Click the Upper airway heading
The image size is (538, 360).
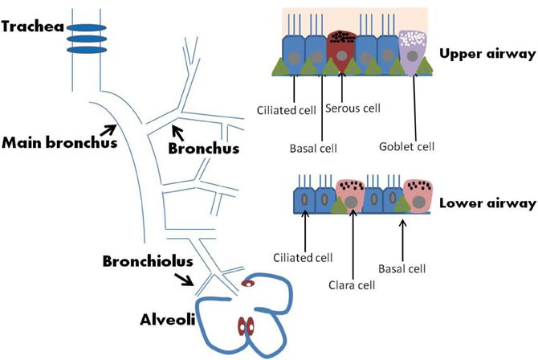[x=486, y=54]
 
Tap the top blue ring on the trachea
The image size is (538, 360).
[x=85, y=25]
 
